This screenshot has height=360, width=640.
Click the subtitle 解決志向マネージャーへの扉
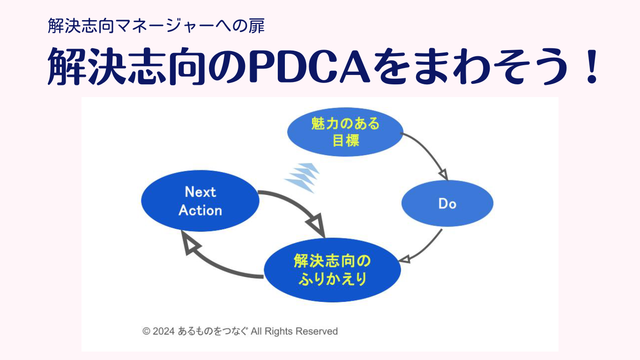click(x=156, y=26)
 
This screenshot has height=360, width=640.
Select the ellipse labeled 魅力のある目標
click(x=345, y=132)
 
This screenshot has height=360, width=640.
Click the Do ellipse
click(x=447, y=203)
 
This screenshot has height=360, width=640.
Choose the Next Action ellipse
click(x=200, y=201)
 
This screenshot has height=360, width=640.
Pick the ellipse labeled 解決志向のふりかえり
click(x=332, y=270)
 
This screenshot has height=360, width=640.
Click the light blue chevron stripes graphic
click(x=302, y=178)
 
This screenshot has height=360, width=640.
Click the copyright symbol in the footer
click(x=146, y=331)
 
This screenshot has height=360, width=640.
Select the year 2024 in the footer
click(x=164, y=331)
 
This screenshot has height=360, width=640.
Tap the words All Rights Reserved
click(x=294, y=331)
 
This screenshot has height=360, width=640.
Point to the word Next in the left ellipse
click(x=200, y=192)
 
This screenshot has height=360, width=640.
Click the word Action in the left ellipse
click(x=200, y=210)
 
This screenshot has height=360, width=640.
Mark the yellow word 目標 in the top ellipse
click(x=346, y=141)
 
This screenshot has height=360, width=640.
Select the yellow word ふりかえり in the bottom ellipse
click(x=333, y=278)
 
